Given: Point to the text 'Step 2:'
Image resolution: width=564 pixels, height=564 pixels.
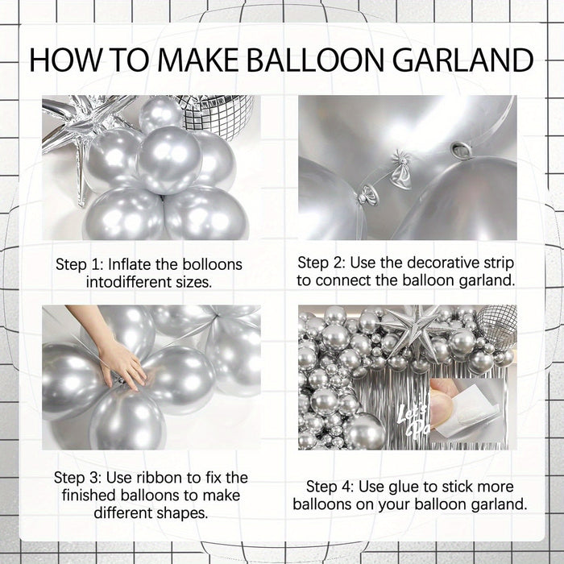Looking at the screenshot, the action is pyautogui.click(x=321, y=263).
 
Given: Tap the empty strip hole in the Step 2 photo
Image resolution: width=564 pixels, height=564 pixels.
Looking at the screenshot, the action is pyautogui.click(x=461, y=149).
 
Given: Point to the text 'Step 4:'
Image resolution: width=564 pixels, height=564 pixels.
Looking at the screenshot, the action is pyautogui.click(x=330, y=487).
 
